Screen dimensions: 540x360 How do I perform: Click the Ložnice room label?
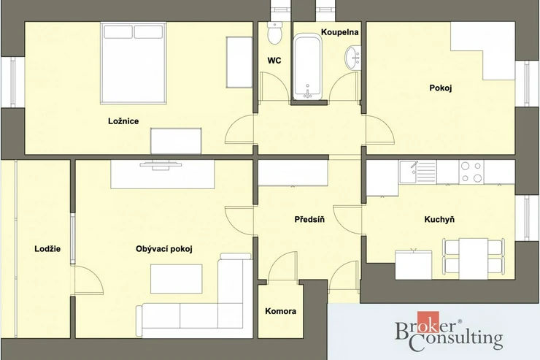coord(123,121)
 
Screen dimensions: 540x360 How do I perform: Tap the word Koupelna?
coord(339,32)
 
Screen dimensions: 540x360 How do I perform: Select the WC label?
coord(274,61)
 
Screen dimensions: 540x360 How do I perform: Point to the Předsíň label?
coord(309,220)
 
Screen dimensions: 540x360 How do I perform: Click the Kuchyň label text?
coord(439,220)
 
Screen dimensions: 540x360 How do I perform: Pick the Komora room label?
coord(281,311)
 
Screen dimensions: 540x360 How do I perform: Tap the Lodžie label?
coord(47,249)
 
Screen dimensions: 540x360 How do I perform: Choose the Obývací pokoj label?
coord(164,249)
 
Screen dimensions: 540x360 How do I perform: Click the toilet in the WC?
coord(275,33)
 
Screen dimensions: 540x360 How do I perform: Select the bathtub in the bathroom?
coord(307,66)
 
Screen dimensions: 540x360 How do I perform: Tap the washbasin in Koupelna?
coord(353,58)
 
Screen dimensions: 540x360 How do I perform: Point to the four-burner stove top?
coord(471,172)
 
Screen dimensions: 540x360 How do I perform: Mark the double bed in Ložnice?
coord(134,63)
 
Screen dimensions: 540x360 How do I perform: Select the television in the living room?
coord(161,165)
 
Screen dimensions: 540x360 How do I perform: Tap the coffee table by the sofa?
coord(177,279)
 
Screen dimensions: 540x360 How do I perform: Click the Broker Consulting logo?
coord(449,332)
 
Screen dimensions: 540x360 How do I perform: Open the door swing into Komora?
coord(282,267)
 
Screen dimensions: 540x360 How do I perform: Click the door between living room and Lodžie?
coord(88,280)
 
